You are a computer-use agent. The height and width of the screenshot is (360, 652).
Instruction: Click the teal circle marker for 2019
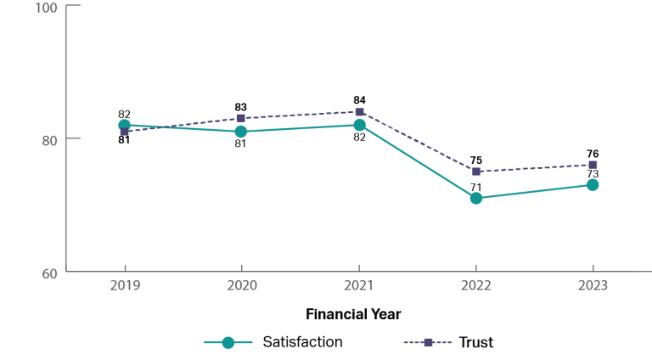[124, 125]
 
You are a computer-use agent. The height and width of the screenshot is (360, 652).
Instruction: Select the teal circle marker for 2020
[241, 132]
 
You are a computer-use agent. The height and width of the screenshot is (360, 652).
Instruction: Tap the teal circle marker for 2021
[359, 125]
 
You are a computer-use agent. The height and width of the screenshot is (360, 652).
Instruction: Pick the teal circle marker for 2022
[476, 198]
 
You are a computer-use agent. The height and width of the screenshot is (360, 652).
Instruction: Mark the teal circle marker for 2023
[593, 184]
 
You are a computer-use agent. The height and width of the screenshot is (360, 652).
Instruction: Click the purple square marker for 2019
[125, 132]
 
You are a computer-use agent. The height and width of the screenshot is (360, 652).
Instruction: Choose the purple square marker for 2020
[241, 118]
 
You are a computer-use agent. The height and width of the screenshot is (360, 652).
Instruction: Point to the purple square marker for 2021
[359, 112]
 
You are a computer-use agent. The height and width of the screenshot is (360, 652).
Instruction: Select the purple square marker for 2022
[476, 172]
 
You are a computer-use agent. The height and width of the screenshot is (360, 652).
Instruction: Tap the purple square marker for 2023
[593, 165]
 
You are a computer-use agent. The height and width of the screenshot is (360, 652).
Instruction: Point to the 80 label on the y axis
[48, 138]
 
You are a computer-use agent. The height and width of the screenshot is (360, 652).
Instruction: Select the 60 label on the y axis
[48, 273]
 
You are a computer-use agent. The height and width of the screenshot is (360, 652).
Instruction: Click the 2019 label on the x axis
[125, 286]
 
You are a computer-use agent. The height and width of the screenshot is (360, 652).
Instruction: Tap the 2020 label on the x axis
[241, 286]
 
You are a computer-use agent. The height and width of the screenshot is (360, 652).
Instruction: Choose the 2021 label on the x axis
[359, 286]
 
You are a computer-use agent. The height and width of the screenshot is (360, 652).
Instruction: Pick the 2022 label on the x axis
[476, 286]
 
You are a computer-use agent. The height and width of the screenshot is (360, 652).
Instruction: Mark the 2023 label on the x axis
[593, 286]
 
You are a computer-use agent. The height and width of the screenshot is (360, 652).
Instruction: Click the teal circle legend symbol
[228, 342]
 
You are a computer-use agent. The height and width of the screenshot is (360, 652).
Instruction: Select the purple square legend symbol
[428, 342]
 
